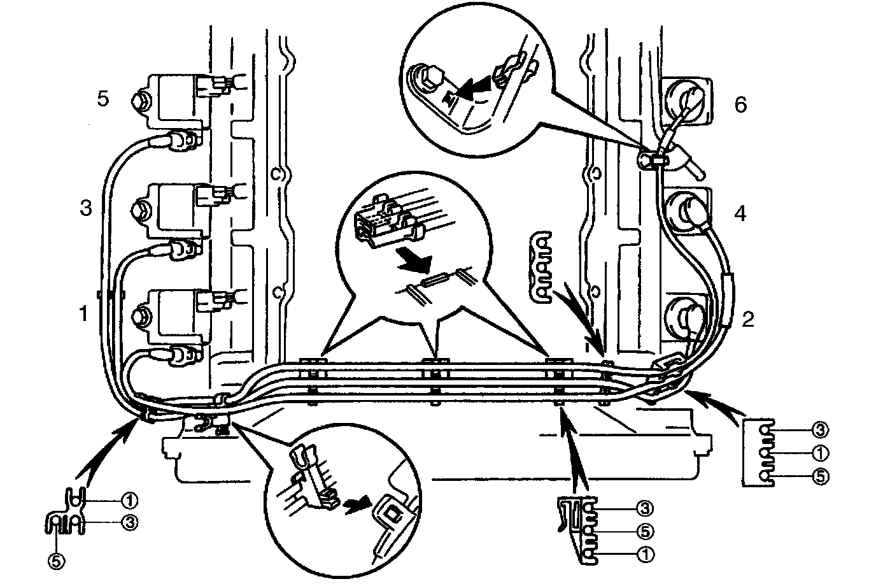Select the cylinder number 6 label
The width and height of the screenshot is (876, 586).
pos(740,104)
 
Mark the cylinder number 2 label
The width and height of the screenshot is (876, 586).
pos(747,318)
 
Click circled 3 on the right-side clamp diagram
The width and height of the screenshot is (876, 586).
pos(820,430)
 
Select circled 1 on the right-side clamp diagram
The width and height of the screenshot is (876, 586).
pos(820,453)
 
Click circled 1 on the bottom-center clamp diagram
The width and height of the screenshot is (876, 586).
pos(644,554)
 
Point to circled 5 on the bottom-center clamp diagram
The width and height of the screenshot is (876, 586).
pos(644,531)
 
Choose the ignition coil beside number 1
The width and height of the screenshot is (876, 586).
pos(175,312)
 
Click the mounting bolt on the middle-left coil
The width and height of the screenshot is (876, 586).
pos(140,208)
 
